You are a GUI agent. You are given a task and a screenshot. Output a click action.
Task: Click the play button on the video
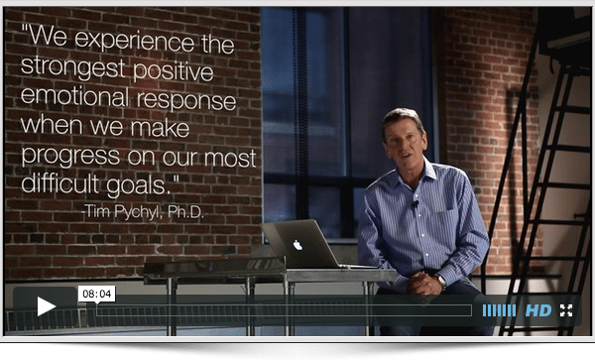(x=47, y=306)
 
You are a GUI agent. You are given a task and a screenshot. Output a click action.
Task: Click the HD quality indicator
(x=537, y=310)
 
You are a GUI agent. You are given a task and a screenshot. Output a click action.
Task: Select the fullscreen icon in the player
(x=566, y=310)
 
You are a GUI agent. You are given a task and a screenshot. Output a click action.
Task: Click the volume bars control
(x=499, y=310)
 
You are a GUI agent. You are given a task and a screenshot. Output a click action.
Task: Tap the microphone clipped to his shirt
(x=416, y=204)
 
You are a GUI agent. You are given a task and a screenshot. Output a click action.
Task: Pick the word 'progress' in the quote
(x=65, y=158)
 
